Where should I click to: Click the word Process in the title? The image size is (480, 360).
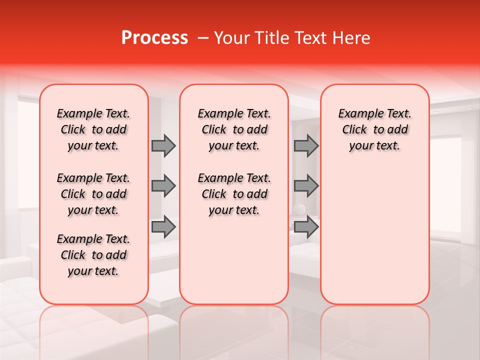(154, 38)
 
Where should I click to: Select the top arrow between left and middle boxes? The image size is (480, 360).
(163, 146)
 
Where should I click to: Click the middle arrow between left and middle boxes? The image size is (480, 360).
(163, 186)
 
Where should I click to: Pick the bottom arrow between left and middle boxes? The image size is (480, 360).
(163, 227)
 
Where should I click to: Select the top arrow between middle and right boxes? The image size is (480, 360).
(306, 146)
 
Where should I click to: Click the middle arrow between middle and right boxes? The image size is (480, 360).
(306, 186)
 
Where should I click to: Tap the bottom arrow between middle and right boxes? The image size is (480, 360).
(306, 227)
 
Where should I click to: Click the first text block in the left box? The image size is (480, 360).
(93, 129)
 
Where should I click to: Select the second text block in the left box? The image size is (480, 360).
(93, 194)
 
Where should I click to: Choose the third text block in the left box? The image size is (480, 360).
(93, 255)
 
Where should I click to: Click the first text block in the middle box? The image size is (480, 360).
(234, 129)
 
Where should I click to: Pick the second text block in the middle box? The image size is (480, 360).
(234, 194)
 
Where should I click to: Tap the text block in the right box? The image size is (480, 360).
(374, 129)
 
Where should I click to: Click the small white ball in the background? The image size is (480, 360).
(298, 209)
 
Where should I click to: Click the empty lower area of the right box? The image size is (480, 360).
(374, 240)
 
